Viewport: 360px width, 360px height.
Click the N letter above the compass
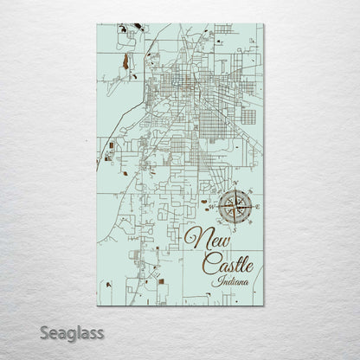coord(233,182)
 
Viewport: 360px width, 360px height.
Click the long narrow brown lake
coord(126,62)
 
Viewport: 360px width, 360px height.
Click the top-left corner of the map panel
coord(96,24)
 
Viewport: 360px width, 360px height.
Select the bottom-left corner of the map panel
coord(96,307)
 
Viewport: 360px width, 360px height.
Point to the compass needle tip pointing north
coord(234,190)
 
